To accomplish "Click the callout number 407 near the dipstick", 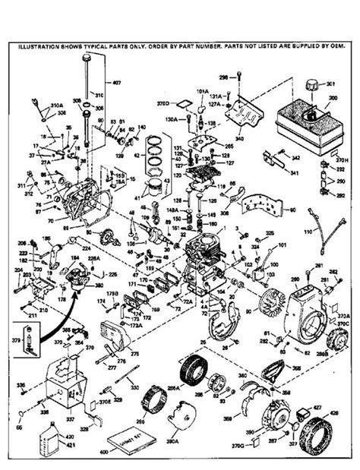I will pyautogui.click(x=116, y=82).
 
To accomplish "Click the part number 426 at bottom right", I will pyautogui.click(x=334, y=414).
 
